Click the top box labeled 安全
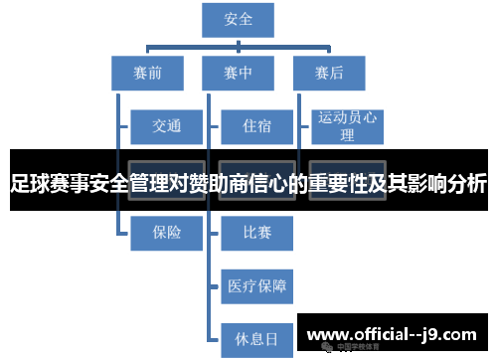(239, 20)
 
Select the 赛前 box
(147, 73)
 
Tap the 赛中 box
(239, 73)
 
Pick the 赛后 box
(329, 73)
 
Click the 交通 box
(166, 126)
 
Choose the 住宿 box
(256, 126)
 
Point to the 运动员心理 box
(347, 126)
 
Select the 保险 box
(166, 232)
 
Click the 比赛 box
(256, 232)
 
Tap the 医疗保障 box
(256, 286)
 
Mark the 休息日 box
(256, 339)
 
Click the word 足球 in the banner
(30, 184)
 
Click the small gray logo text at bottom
(348, 347)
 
